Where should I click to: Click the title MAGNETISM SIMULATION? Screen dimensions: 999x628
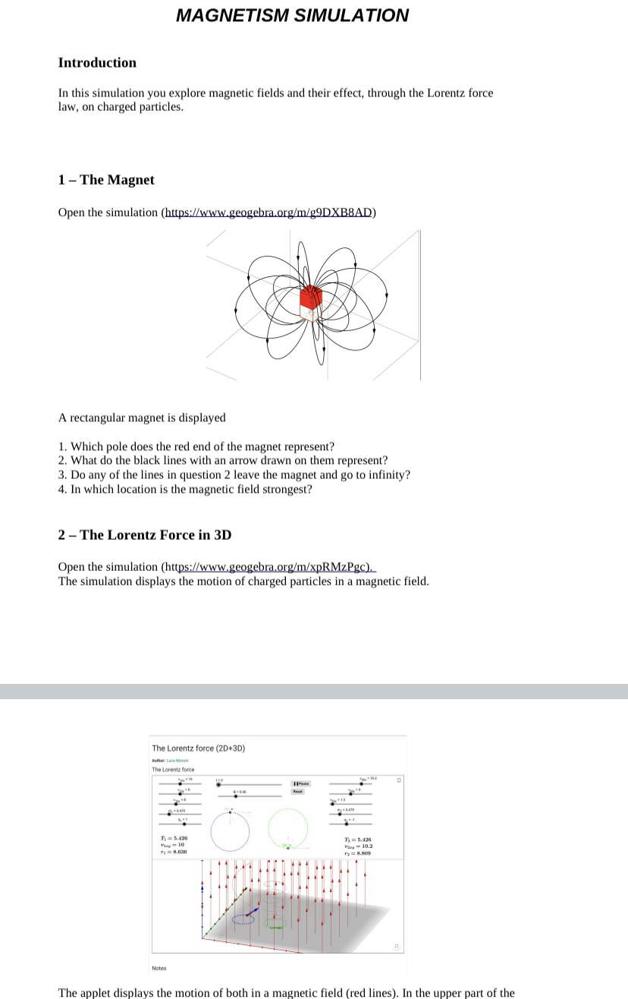[x=292, y=15]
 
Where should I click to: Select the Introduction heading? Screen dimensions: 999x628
[x=97, y=63]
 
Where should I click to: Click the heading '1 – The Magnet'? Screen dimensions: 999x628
[x=106, y=180]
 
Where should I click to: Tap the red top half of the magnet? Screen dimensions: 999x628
[x=312, y=297]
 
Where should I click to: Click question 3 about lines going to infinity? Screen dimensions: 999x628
[x=234, y=474]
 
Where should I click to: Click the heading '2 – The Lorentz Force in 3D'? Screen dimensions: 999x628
[x=145, y=534]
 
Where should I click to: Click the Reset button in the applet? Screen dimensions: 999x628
[x=298, y=792]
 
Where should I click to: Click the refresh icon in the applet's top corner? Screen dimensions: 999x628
[x=395, y=779]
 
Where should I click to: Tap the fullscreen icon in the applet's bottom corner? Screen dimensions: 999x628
[x=395, y=947]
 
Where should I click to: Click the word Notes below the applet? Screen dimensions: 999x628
[x=159, y=968]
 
